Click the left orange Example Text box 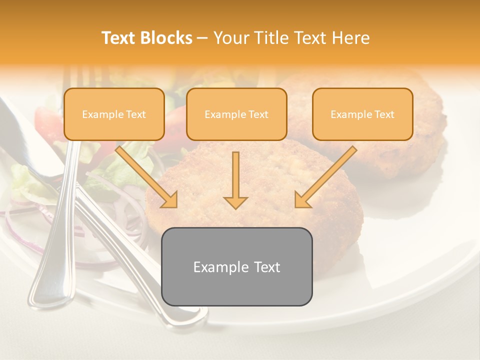114,114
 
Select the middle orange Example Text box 236,114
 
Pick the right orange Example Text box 362,114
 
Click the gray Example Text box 236,266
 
